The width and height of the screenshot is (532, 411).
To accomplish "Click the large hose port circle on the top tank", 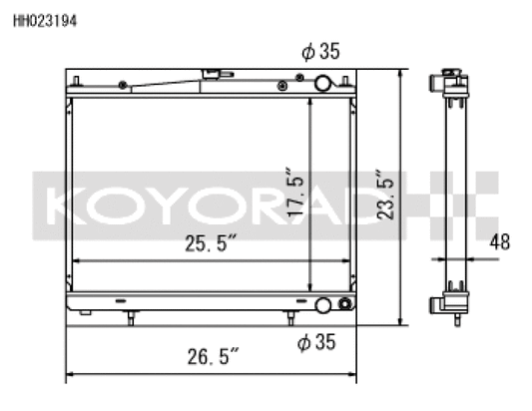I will pyautogui.click(x=324, y=84).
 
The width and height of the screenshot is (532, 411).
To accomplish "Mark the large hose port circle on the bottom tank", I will pyautogui.click(x=324, y=305).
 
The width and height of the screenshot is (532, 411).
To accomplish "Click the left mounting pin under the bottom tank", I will pyautogui.click(x=131, y=318).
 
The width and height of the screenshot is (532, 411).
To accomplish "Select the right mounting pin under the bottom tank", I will pyautogui.click(x=290, y=318).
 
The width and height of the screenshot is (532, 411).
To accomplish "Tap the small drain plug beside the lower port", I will pyautogui.click(x=344, y=304).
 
